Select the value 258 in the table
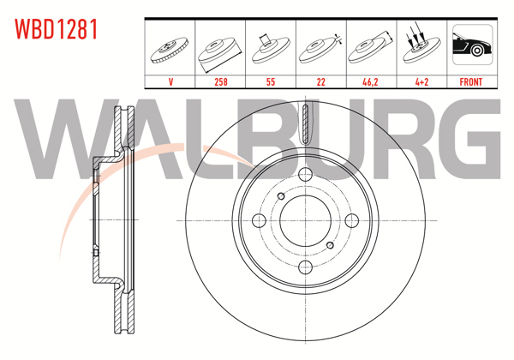click(x=220, y=82)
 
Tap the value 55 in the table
click(x=271, y=82)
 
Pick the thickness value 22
click(x=320, y=82)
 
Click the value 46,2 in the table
click(x=371, y=82)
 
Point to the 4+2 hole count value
click(x=421, y=82)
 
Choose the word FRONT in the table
click(x=471, y=82)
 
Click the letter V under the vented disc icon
click(x=170, y=82)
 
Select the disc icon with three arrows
click(x=421, y=47)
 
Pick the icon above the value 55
click(x=271, y=47)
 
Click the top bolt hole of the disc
click(x=306, y=175)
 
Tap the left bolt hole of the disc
click(x=260, y=220)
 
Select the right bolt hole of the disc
click(x=351, y=220)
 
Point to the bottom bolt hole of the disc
click(x=306, y=267)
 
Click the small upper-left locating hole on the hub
click(x=281, y=196)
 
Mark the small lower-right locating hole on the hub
click(x=331, y=245)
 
